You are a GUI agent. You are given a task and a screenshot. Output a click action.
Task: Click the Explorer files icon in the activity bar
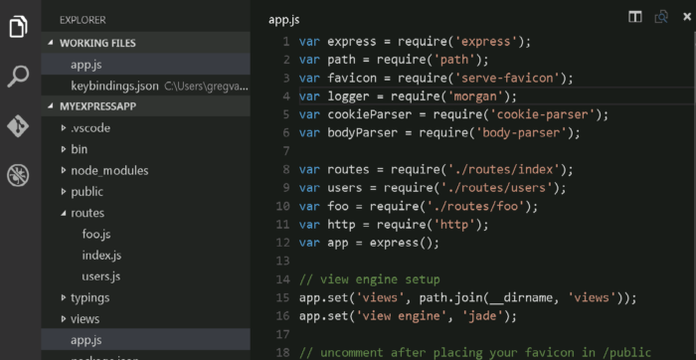pyautogui.click(x=18, y=26)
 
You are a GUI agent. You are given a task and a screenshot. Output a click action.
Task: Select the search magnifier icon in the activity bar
pyautogui.click(x=18, y=76)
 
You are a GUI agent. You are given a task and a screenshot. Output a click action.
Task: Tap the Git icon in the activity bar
pyautogui.click(x=18, y=126)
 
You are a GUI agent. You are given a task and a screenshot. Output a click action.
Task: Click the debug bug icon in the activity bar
pyautogui.click(x=18, y=176)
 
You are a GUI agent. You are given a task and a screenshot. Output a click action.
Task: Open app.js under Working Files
pyautogui.click(x=87, y=65)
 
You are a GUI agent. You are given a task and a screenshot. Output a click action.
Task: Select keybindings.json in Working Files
pyautogui.click(x=114, y=86)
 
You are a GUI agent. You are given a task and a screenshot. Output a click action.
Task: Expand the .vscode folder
pyautogui.click(x=91, y=128)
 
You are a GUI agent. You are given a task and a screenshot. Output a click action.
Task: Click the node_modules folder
pyautogui.click(x=110, y=171)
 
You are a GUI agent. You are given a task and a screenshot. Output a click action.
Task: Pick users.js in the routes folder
pyautogui.click(x=102, y=276)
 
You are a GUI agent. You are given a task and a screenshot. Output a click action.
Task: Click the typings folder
pyautogui.click(x=90, y=297)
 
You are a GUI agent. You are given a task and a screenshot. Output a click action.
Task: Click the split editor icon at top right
pyautogui.click(x=634, y=17)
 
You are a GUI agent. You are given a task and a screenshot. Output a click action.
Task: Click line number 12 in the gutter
pyautogui.click(x=284, y=243)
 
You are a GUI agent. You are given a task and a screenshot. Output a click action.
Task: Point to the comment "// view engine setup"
pyautogui.click(x=369, y=279)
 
